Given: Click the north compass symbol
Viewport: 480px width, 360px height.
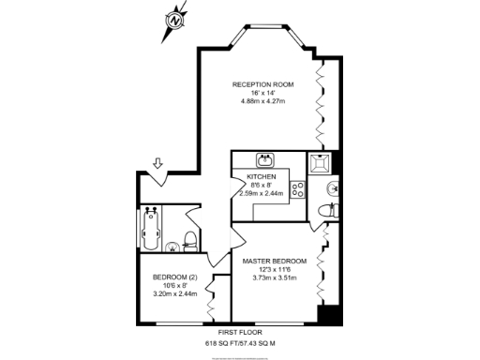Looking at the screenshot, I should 174,19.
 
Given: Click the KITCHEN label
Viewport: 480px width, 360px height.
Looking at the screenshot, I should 261,176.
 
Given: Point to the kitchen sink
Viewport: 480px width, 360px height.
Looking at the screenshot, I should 266,158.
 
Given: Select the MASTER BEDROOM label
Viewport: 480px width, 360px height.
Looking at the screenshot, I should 274,260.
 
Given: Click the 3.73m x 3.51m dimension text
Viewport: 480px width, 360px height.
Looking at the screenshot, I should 274,277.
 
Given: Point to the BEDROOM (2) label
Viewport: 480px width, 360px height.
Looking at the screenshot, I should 175,277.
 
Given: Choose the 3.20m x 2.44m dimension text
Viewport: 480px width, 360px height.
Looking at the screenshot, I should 175,294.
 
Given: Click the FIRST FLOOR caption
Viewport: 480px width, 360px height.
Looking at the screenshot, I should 240,333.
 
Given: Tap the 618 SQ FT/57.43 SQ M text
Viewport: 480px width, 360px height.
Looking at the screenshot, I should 240,344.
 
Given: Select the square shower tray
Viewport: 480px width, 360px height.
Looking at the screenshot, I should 320,163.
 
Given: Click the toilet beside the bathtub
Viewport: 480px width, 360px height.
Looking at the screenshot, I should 189,237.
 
